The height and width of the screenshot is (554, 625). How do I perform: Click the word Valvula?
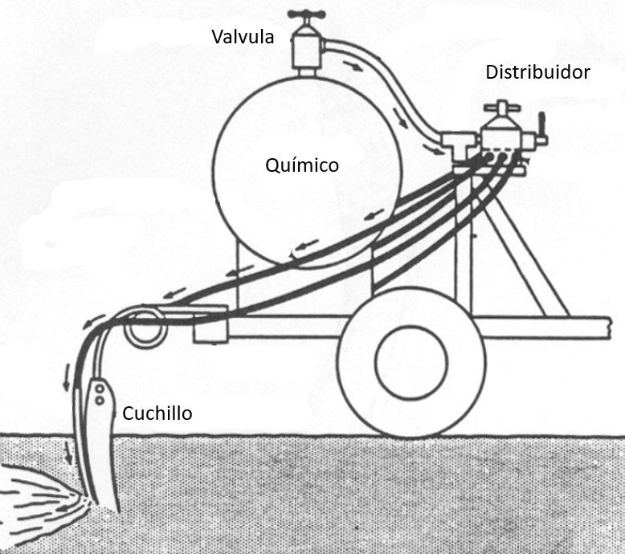coord(243,37)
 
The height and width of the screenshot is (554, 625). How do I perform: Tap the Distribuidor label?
coord(537,72)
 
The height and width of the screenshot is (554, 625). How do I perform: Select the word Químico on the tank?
coord(301,165)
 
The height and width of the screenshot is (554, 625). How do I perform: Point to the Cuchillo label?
coord(157,414)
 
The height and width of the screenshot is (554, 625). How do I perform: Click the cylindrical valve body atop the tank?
coord(305,49)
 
